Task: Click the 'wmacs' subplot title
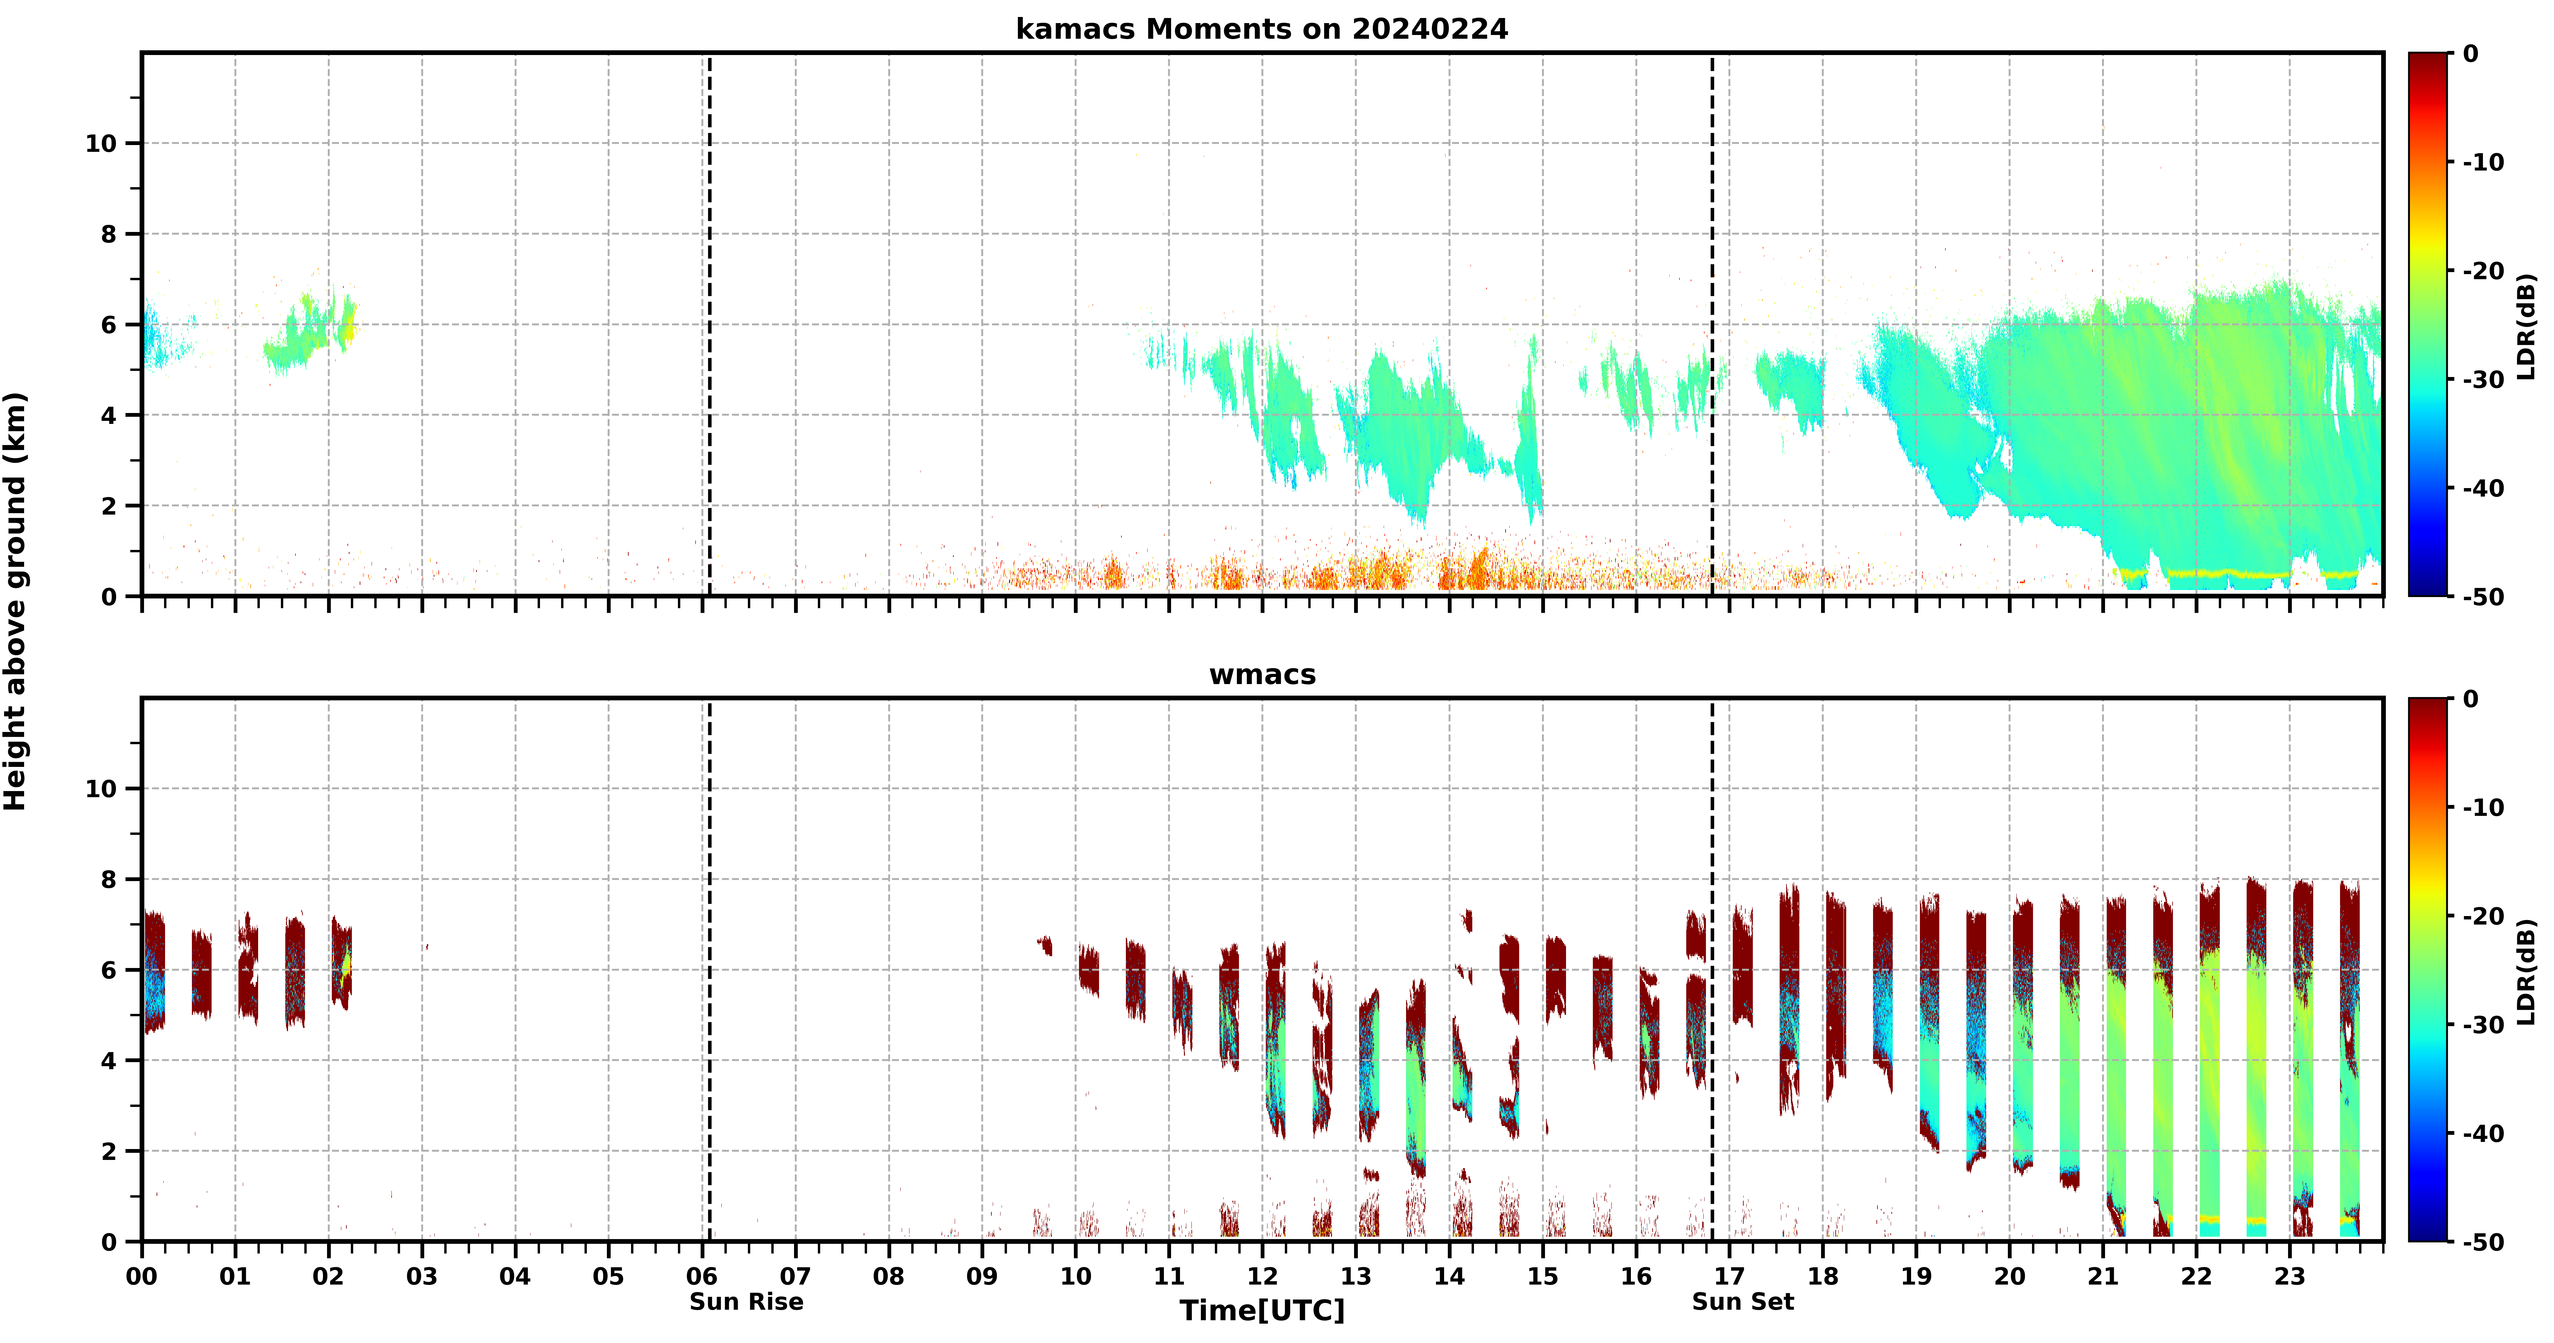click(1262, 675)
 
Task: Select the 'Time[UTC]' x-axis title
click(1262, 1310)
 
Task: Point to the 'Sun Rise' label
click(747, 1301)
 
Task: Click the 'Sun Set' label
click(1743, 1301)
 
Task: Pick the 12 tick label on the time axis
click(1262, 1275)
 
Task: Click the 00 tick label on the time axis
click(142, 1275)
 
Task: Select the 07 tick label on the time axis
click(795, 1275)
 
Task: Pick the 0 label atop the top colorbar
click(2471, 54)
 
